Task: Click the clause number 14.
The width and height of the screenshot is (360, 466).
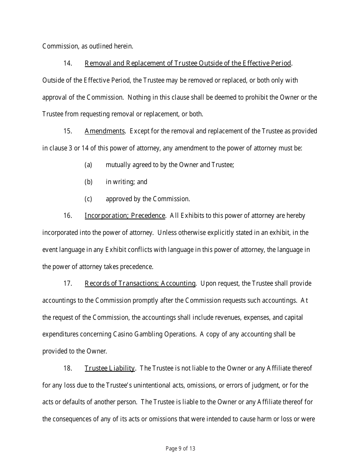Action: [x=67, y=63]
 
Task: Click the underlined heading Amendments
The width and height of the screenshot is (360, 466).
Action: [x=105, y=131]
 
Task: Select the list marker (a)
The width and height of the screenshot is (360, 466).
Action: [x=88, y=165]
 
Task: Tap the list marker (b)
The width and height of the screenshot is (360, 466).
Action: [x=88, y=182]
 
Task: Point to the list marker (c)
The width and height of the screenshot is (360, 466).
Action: [x=88, y=199]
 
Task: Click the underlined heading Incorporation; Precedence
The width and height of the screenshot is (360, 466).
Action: [x=125, y=216]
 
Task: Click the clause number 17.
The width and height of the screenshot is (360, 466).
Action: [x=67, y=283]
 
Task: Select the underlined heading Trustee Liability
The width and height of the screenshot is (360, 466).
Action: [x=110, y=368]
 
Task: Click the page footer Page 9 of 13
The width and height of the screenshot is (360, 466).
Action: [x=180, y=449]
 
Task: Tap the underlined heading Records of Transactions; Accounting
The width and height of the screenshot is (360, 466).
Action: [x=140, y=283]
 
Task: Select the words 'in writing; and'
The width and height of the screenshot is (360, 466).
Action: [x=127, y=182]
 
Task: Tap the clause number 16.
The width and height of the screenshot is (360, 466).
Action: [x=67, y=216]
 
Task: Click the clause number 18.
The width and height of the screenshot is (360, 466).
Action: [x=67, y=368]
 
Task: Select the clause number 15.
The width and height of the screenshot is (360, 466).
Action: [x=67, y=131]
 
